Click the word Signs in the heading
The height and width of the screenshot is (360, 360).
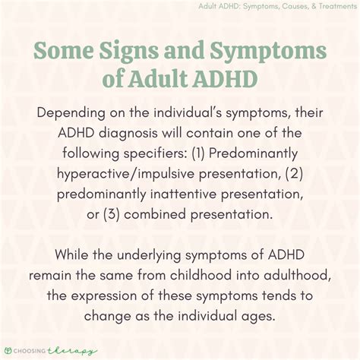click(128, 50)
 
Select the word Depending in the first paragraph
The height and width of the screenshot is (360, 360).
click(71, 113)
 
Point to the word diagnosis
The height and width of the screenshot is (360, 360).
click(128, 134)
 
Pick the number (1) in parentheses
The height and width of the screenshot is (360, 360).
click(198, 153)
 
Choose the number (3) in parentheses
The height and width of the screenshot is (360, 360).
click(112, 215)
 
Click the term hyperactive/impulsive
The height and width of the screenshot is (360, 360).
click(125, 174)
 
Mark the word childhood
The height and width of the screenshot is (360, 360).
click(201, 275)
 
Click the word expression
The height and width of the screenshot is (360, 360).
click(104, 296)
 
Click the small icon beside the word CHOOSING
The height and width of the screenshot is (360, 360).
click(9, 351)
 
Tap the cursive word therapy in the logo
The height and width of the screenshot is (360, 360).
click(72, 351)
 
